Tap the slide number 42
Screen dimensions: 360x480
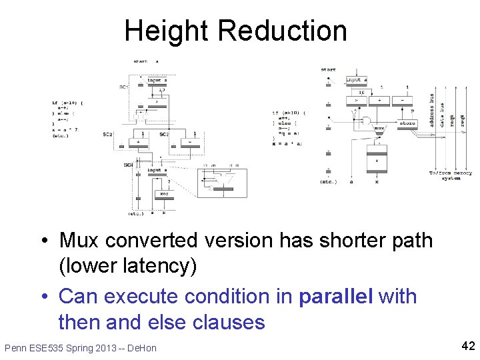pos(466,345)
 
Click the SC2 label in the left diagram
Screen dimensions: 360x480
pos(107,135)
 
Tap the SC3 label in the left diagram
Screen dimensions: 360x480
pos(164,135)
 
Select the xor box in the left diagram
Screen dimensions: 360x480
pos(163,194)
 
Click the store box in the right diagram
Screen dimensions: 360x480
pos(407,123)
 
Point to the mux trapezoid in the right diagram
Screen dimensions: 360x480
pos(378,128)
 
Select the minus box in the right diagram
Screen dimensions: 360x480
pos(401,101)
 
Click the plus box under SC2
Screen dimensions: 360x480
pos(138,142)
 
